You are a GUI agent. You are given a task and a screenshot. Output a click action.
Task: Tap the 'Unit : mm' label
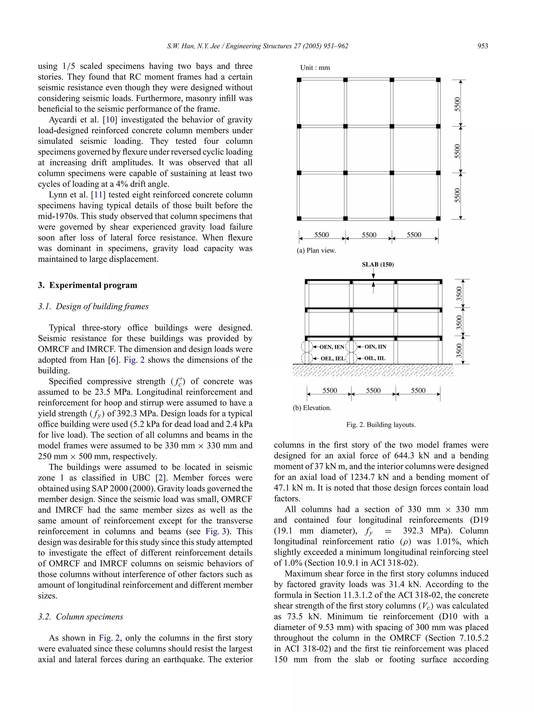(315, 68)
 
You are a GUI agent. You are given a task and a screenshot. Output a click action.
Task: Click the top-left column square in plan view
(299, 80)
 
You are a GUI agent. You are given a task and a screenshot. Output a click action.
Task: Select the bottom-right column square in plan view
(438, 218)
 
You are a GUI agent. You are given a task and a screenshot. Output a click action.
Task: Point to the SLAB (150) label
(378, 265)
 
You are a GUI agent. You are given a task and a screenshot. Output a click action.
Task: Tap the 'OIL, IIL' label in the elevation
(375, 358)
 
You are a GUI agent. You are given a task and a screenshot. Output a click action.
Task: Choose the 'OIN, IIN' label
(375, 347)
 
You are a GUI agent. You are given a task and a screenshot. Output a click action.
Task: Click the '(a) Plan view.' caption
(316, 251)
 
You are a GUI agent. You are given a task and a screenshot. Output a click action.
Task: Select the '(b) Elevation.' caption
(312, 408)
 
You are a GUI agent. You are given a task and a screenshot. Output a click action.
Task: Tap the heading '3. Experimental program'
(88, 285)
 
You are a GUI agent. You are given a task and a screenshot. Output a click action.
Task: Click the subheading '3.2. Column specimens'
(81, 617)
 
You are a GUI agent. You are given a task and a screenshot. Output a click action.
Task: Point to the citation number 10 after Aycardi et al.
(110, 120)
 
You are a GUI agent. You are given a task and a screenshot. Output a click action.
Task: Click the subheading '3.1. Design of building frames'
(93, 306)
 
